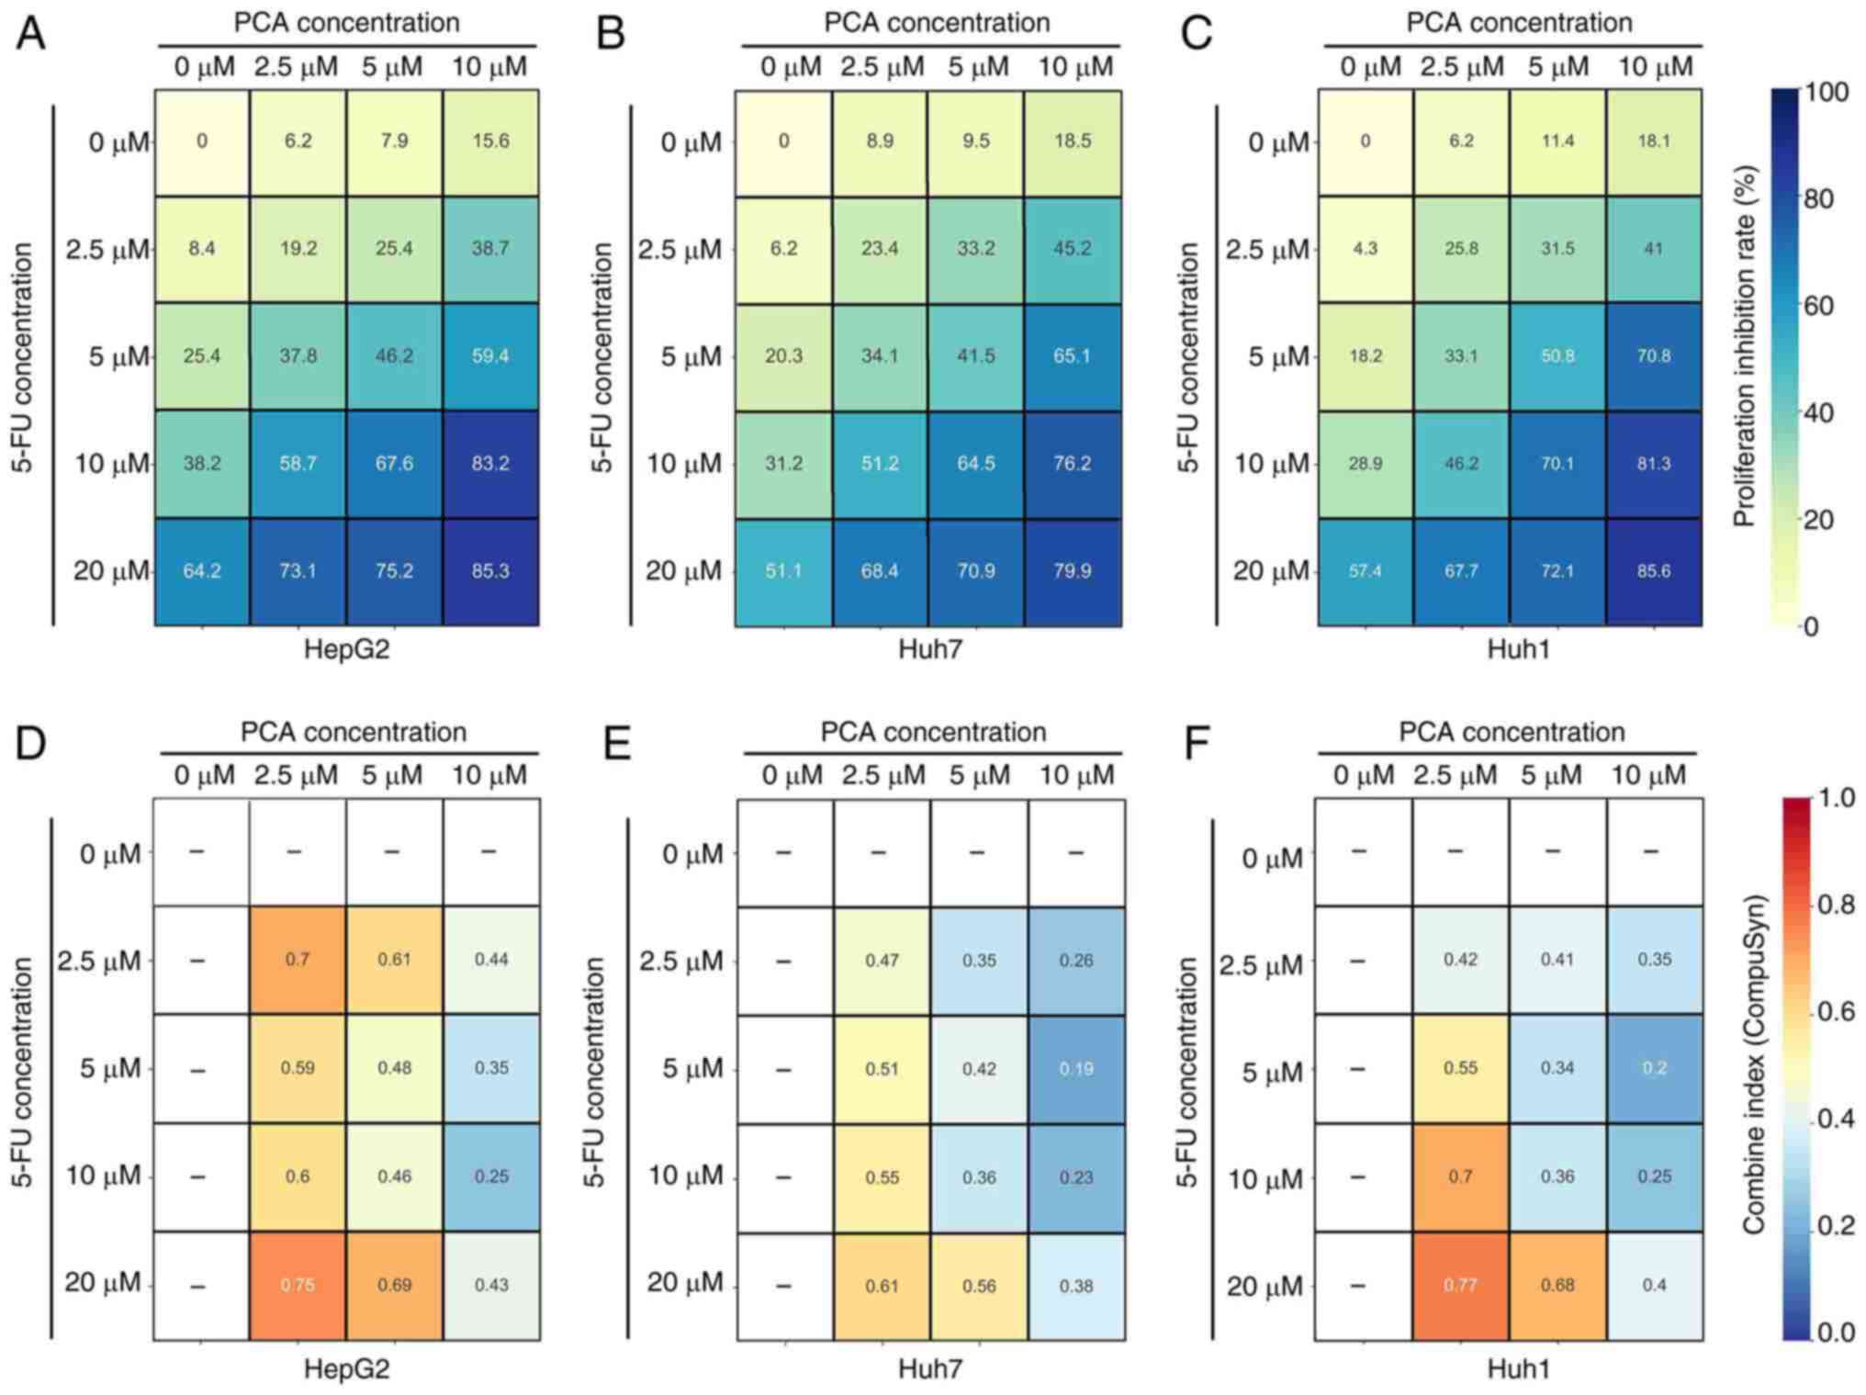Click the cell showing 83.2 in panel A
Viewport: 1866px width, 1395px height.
pos(490,464)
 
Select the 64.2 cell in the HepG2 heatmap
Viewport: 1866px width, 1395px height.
pos(202,571)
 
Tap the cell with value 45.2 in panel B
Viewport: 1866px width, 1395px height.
pos(1072,249)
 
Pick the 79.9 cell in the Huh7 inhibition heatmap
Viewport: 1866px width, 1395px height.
pos(1072,571)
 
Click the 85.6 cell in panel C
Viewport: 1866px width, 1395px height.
pos(1653,571)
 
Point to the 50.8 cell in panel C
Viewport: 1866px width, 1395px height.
pos(1557,356)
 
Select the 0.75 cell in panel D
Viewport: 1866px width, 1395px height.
pos(298,1285)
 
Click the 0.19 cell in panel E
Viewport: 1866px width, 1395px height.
pos(1076,1069)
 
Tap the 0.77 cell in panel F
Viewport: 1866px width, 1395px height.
pos(1460,1285)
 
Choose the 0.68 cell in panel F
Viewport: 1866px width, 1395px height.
pos(1557,1285)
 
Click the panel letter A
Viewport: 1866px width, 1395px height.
pos(30,34)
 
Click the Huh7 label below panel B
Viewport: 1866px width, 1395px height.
pos(930,650)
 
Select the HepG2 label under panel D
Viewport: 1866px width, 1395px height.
pos(346,1369)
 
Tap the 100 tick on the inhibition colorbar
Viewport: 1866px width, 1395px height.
pos(1827,92)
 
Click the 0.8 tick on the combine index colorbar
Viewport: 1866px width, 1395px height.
pos(1836,906)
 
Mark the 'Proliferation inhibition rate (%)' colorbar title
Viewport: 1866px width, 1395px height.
pos(1744,346)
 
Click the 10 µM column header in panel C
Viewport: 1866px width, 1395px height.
pos(1655,67)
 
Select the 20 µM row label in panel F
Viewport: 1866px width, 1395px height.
pos(1265,1287)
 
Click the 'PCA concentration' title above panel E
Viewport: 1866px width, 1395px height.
pos(933,732)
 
